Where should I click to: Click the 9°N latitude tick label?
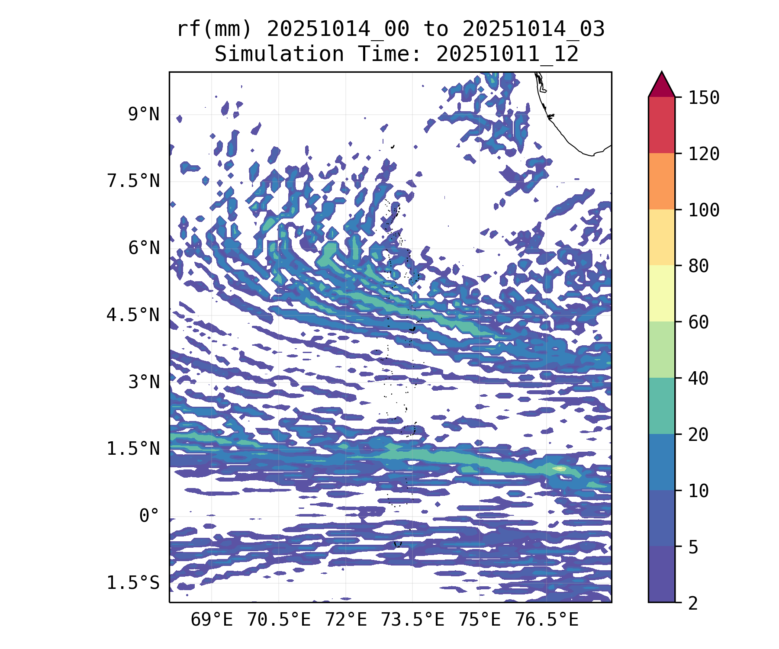[x=144, y=115]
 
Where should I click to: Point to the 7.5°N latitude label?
[x=133, y=181]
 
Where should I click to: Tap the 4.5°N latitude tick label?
[x=133, y=315]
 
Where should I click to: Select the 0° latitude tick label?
[x=149, y=516]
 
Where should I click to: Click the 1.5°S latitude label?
[x=133, y=583]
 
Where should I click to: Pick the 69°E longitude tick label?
[x=212, y=620]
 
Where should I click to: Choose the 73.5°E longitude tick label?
[x=412, y=620]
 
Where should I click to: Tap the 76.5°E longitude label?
[x=547, y=620]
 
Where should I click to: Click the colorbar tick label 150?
[x=704, y=98]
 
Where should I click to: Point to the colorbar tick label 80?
[x=699, y=266]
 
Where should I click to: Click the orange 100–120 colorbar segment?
[x=661, y=181]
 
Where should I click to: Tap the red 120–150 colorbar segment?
[x=661, y=125]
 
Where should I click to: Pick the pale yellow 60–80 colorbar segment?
[x=661, y=293]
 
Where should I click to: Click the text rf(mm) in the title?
[x=214, y=29]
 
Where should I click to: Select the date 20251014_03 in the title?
[x=533, y=29]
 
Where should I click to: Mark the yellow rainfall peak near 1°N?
[x=559, y=468]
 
